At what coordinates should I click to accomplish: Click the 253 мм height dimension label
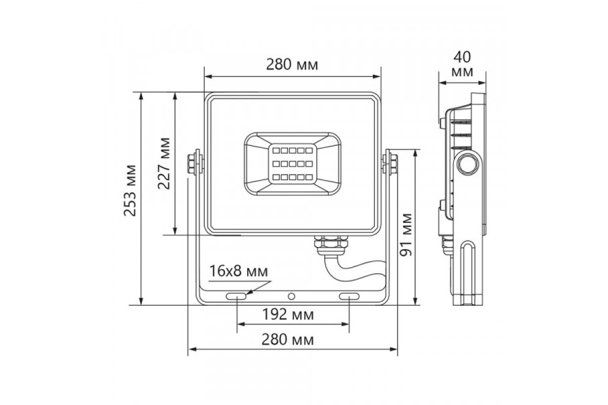[130, 190]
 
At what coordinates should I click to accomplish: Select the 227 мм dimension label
[164, 164]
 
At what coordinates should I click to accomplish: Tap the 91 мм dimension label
[406, 235]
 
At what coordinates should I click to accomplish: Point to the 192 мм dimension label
[288, 314]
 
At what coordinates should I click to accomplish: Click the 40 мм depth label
[462, 65]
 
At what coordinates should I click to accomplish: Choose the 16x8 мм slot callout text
[239, 271]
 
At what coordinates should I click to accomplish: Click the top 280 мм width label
[292, 65]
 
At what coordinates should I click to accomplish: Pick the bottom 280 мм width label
[288, 340]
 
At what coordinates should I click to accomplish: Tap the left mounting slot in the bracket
[236, 297]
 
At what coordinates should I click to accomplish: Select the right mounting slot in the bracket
[349, 297]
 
